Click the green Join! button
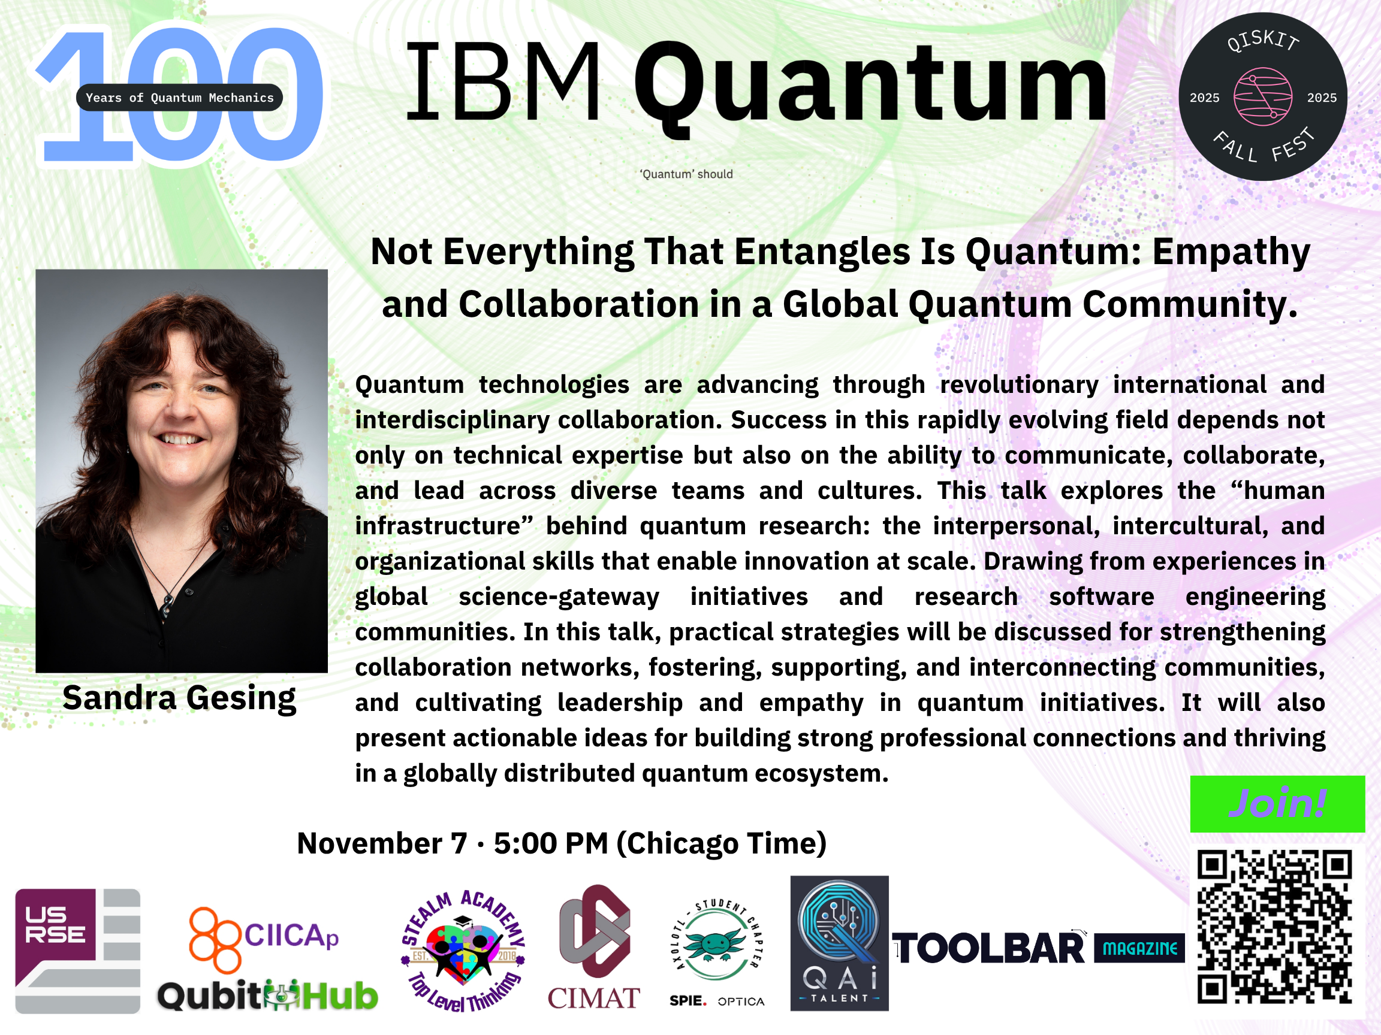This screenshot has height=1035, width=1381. [1277, 804]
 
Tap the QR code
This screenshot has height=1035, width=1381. [1274, 927]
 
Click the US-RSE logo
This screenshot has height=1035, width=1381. [77, 951]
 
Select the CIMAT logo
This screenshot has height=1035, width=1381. [594, 948]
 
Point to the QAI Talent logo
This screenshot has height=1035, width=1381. [839, 943]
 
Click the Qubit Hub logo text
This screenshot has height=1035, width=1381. [267, 995]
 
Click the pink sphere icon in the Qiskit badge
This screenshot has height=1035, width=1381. [1262, 96]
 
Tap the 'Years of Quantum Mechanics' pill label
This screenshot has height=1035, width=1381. [179, 97]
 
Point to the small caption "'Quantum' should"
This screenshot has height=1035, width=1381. [686, 174]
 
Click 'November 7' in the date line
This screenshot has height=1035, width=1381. [382, 843]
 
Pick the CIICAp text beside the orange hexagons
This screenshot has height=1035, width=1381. [291, 936]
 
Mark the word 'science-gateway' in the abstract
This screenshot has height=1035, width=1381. [559, 597]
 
